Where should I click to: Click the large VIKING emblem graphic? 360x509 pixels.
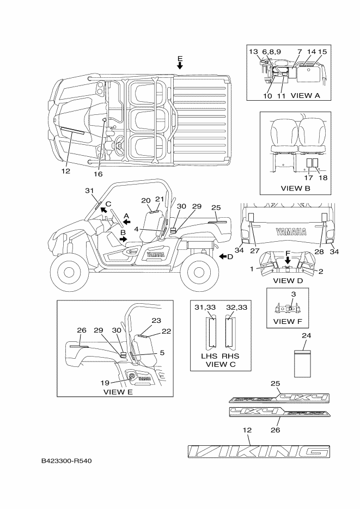point(258,451)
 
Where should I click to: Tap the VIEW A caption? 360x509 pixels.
point(305,95)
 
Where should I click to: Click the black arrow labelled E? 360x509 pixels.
point(180,66)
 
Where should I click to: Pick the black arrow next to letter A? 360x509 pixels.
point(126,222)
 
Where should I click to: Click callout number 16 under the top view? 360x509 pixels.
point(97,174)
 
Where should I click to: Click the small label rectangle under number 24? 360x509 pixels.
point(302,363)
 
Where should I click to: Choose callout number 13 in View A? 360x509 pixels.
point(253,51)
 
